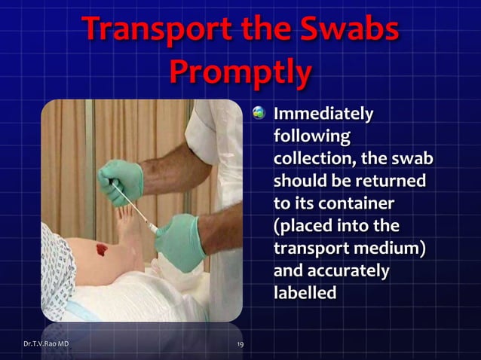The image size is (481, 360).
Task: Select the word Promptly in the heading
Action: tap(240, 72)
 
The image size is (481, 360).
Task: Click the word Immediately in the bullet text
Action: tap(323, 115)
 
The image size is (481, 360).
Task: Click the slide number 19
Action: tap(239, 344)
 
